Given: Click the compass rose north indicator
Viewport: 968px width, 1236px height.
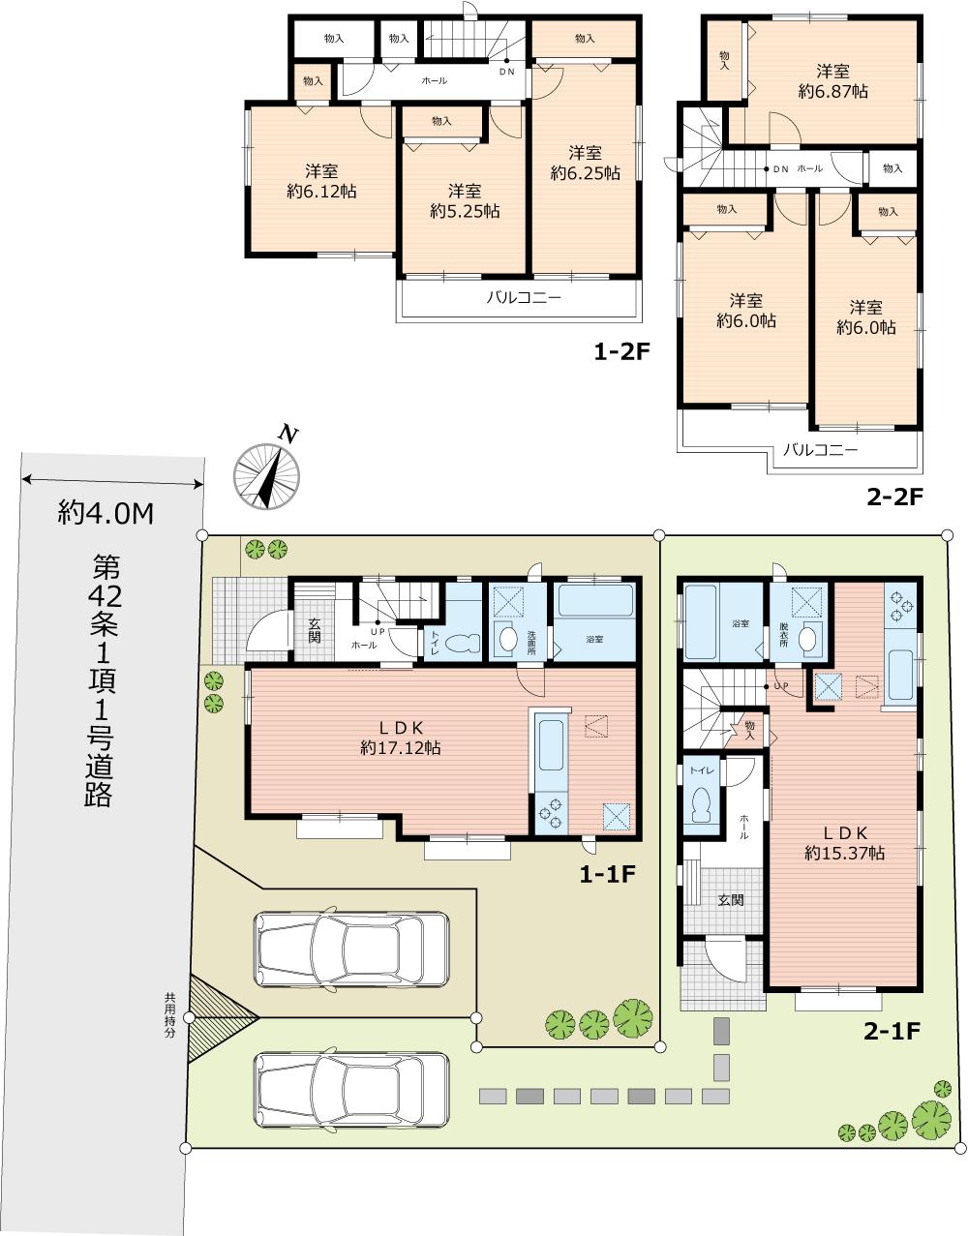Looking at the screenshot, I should (267, 473).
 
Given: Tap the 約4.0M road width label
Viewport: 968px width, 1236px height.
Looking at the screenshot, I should (106, 513).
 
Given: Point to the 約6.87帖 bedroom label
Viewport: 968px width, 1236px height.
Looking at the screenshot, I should (832, 91).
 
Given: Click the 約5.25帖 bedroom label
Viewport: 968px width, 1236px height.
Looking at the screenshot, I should (465, 211).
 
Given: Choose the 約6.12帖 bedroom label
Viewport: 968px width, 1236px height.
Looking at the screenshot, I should (321, 192).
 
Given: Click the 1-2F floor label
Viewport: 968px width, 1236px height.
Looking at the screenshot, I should (620, 352).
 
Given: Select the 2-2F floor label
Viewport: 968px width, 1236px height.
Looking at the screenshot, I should (895, 497).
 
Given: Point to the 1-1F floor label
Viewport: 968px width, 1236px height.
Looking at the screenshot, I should (606, 875).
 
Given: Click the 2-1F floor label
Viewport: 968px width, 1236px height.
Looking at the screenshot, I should (891, 1031).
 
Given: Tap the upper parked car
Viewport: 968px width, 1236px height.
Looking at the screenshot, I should (351, 949).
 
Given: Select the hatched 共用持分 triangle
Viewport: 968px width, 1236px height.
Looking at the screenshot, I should (218, 1017).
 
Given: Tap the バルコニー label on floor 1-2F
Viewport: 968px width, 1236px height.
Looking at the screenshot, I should (523, 298).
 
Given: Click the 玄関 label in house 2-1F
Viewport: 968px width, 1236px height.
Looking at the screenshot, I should (731, 900).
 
